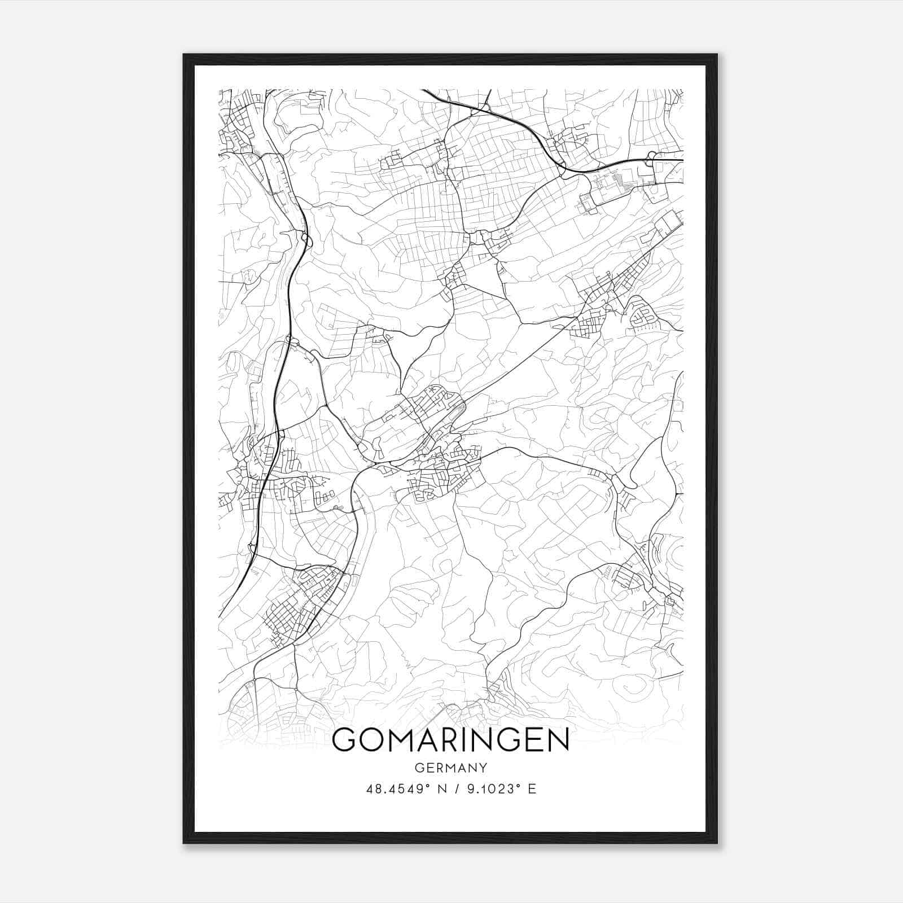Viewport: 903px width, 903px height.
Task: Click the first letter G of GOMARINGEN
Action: [x=345, y=740]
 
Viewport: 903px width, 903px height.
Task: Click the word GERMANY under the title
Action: [x=451, y=768]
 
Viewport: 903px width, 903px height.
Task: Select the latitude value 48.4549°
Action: [x=400, y=789]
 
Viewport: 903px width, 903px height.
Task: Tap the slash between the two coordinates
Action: [x=456, y=789]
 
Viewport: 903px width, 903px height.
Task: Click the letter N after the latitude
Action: [x=442, y=789]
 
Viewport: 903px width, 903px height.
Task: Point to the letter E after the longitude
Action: [x=531, y=789]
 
